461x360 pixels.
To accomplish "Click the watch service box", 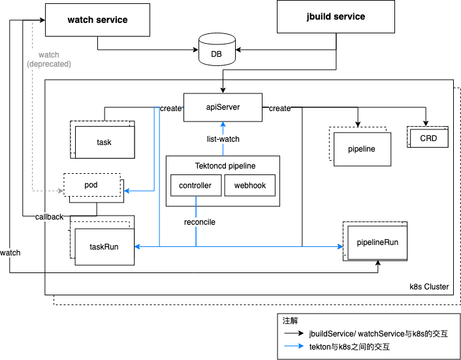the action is point(97,20).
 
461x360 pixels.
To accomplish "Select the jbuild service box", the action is point(336,16).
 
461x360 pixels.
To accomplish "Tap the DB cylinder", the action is point(217,50).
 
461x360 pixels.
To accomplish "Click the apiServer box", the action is point(223,107).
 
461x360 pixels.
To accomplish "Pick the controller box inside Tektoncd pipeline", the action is point(196,186).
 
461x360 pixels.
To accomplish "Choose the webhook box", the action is point(250,186).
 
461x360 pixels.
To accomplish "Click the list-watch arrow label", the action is point(223,139).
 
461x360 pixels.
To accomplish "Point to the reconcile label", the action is point(200,222).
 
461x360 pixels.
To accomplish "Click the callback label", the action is point(49,217).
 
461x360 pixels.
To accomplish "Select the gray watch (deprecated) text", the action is point(49,59).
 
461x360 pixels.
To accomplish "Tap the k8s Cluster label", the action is point(429,287).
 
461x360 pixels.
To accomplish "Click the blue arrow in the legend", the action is point(294,346).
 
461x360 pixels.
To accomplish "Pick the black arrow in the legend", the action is point(294,333).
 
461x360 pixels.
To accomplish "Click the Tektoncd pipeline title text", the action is point(225,166).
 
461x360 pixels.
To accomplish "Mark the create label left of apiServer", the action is point(170,108).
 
